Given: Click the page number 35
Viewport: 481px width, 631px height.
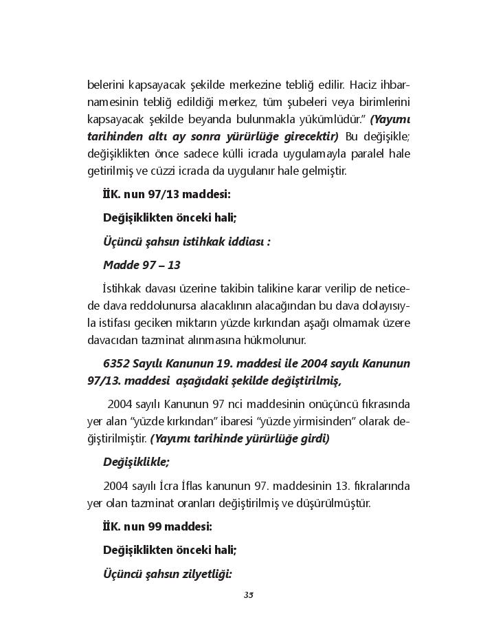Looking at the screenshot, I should (x=249, y=595).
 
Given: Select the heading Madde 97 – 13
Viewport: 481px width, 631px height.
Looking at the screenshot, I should (x=142, y=265).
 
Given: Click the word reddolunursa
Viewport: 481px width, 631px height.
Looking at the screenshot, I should (x=157, y=305).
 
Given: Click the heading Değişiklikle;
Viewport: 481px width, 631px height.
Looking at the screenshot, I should (x=136, y=462).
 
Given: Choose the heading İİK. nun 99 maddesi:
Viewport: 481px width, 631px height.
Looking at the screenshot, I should (x=157, y=526).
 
